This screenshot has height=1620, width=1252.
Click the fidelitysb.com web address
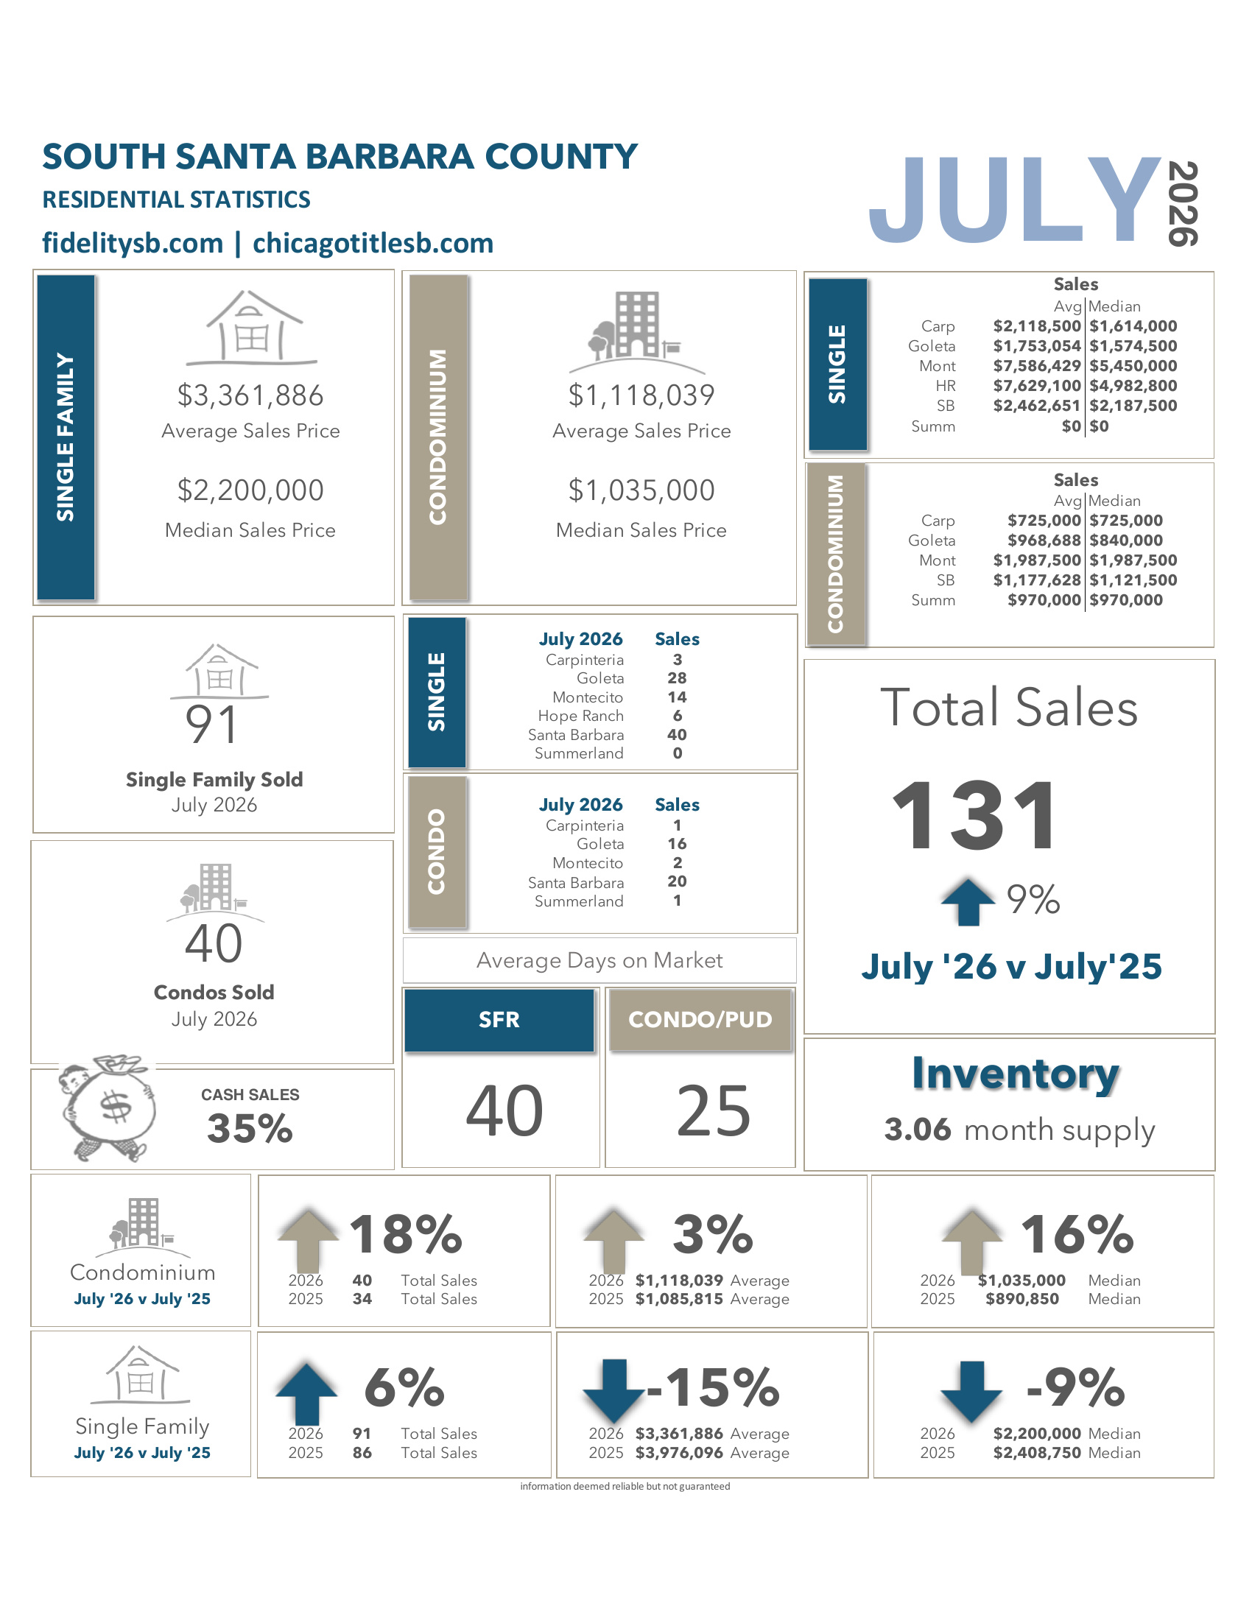(133, 243)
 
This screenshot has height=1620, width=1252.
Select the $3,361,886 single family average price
(250, 395)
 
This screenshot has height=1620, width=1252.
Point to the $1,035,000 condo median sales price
(641, 490)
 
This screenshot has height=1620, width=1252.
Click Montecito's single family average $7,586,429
(1037, 366)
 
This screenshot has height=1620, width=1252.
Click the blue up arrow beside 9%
(968, 902)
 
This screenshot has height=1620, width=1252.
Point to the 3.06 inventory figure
(918, 1130)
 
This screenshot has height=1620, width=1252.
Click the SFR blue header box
(499, 1020)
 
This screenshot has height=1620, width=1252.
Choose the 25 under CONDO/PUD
(714, 1110)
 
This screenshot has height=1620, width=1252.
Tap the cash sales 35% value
(250, 1129)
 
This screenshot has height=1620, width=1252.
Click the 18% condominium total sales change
(406, 1234)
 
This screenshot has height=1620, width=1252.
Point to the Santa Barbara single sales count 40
(677, 734)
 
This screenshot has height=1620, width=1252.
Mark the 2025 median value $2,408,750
(1037, 1452)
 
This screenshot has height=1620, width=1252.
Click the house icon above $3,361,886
(251, 327)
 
